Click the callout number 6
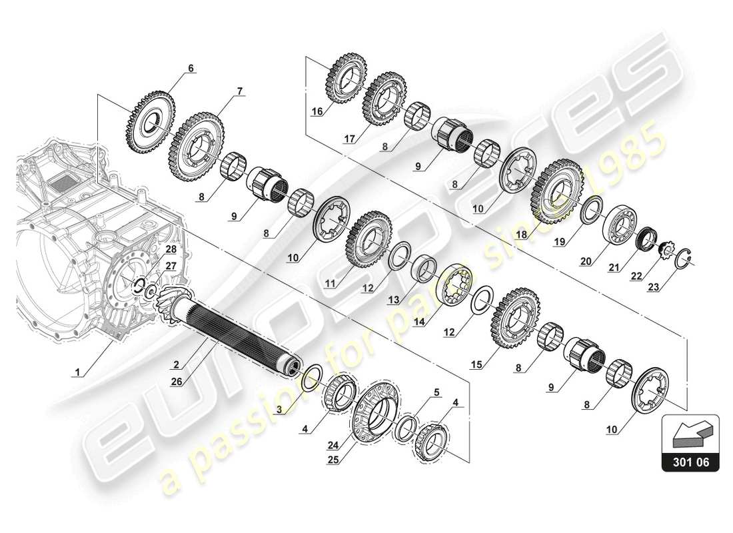tap(191, 68)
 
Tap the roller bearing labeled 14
tap(456, 286)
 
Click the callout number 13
tap(394, 300)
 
